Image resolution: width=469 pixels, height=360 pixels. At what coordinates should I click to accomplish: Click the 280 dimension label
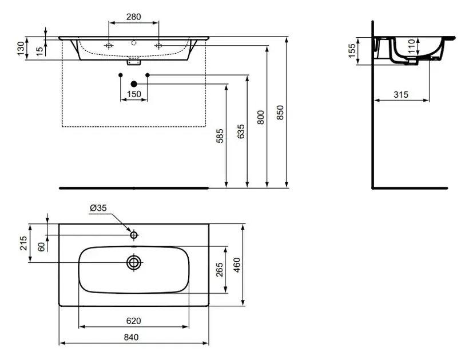[x=133, y=17]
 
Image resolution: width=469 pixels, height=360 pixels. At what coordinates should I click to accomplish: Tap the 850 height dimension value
[x=280, y=113]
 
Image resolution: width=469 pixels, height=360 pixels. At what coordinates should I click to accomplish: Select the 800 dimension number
[x=260, y=117]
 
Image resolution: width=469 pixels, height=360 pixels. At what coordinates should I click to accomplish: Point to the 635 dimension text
[x=241, y=131]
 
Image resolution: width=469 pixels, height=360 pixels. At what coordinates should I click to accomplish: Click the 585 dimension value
[x=220, y=136]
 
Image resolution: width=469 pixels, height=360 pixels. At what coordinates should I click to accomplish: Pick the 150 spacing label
[x=134, y=94]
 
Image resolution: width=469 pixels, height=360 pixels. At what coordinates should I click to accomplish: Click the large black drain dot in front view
[x=134, y=84]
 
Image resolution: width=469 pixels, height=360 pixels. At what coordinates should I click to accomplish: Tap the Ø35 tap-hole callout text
[x=98, y=207]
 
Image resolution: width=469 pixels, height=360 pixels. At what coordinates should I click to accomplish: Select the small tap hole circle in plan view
[x=134, y=235]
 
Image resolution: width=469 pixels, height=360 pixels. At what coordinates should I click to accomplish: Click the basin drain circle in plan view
[x=134, y=263]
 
